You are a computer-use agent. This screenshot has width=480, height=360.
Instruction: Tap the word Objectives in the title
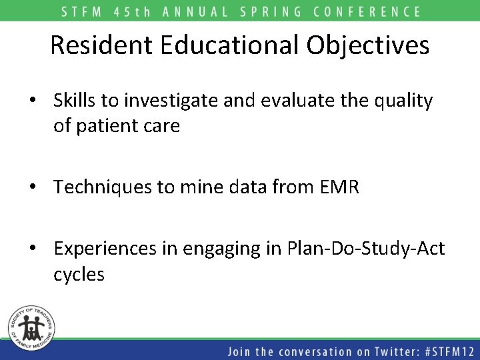368,45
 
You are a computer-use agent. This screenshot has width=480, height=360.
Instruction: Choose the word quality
403,101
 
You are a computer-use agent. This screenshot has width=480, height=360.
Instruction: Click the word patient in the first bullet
111,125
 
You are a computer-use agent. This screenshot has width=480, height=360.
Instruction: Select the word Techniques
105,187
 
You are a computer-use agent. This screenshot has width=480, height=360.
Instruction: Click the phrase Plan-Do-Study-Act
365,249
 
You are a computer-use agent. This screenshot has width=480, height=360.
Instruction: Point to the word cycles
79,274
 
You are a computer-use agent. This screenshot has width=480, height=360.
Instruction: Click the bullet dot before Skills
33,101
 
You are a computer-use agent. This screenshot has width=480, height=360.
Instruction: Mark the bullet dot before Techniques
33,188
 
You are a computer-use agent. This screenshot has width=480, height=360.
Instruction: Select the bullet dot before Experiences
33,249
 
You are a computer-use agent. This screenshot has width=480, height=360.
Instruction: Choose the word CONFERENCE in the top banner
367,11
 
